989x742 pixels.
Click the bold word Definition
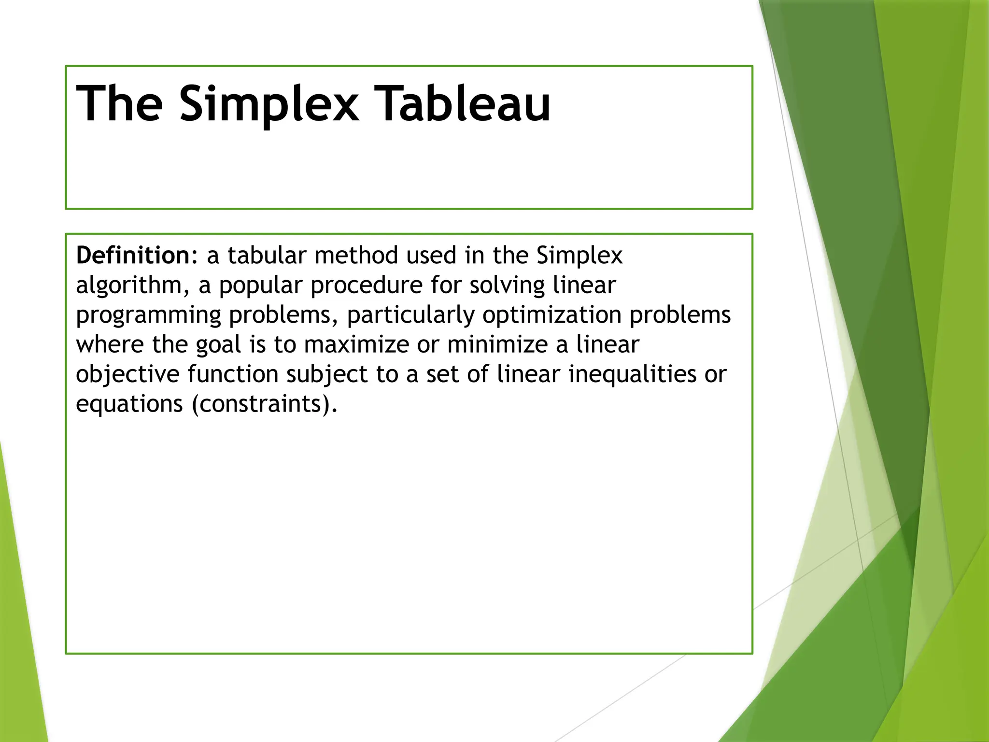(x=133, y=255)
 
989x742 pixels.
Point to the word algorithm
(x=128, y=285)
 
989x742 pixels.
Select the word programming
(x=149, y=315)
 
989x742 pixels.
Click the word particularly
(x=410, y=315)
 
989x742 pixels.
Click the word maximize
(x=357, y=345)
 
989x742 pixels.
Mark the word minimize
(x=497, y=345)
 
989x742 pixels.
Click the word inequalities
(x=632, y=374)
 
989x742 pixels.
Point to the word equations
(x=129, y=404)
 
